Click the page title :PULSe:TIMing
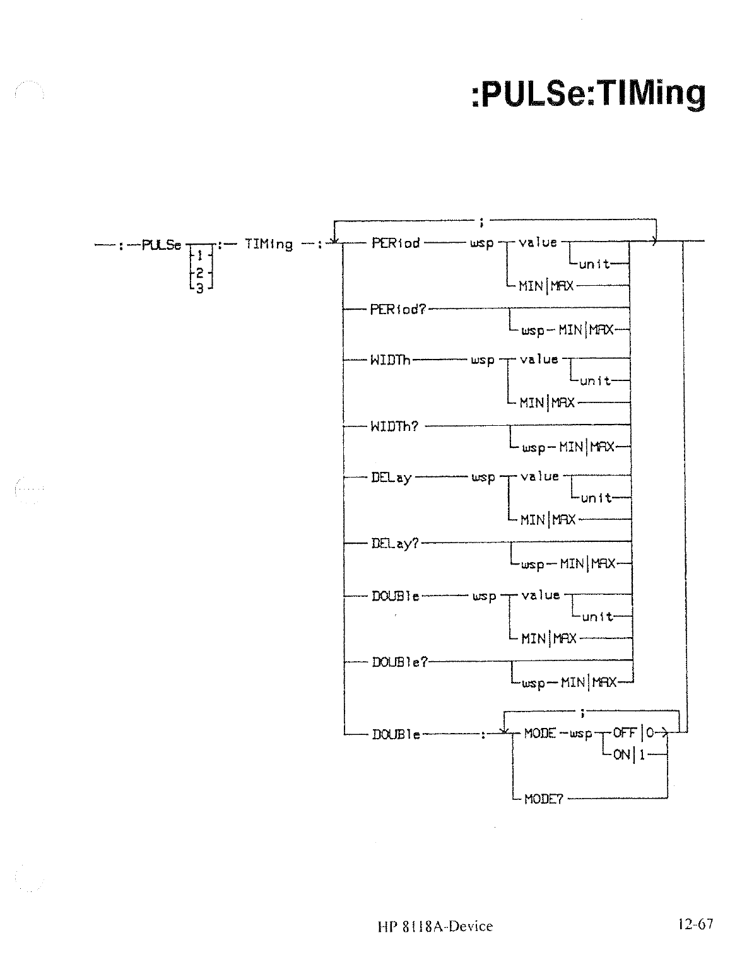588,94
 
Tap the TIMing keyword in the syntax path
268,245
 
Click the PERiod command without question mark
396,243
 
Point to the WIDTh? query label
395,426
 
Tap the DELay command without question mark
391,478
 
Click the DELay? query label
395,543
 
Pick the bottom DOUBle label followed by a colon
396,734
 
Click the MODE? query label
543,799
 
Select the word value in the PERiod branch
538,242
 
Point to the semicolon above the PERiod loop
481,221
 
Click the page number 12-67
695,924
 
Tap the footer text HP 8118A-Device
435,926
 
